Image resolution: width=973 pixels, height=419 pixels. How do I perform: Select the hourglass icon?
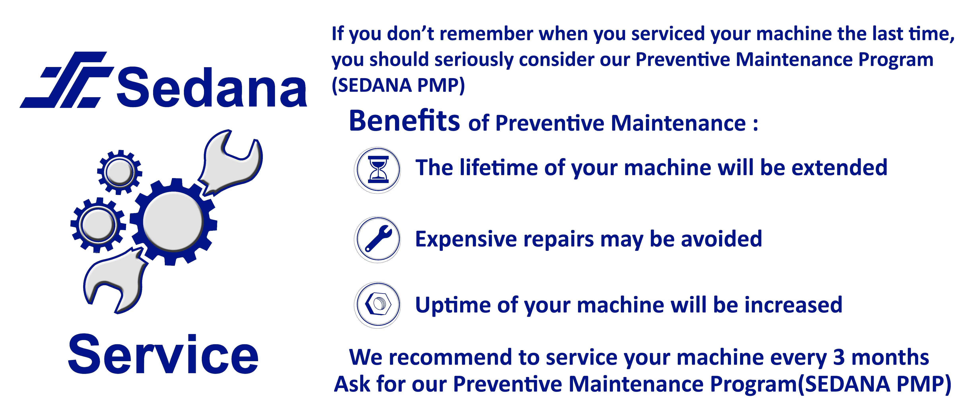click(x=378, y=170)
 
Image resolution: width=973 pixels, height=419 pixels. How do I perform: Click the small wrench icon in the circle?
click(x=378, y=239)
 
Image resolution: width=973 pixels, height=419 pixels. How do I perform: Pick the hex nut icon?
click(x=378, y=305)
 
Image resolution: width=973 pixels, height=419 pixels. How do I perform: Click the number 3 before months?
click(x=839, y=357)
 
